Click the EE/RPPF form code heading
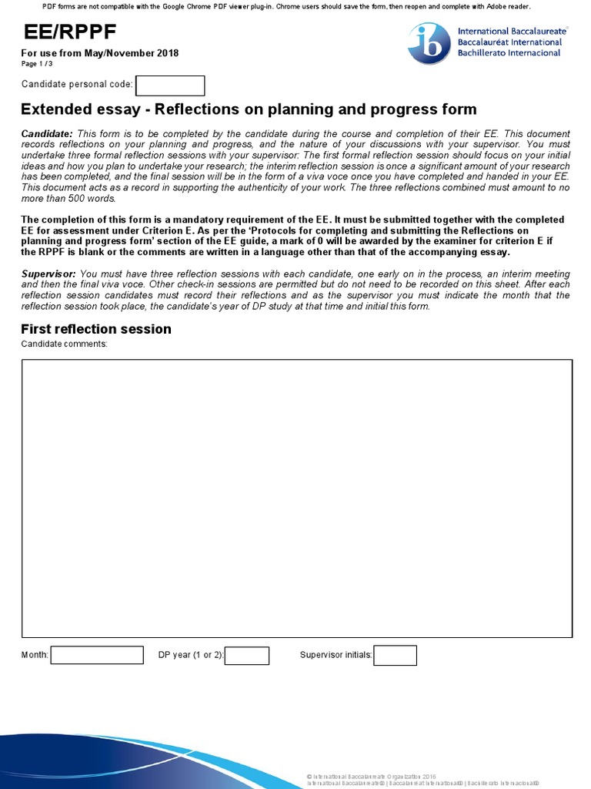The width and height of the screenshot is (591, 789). [69, 32]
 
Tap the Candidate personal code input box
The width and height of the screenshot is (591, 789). [170, 86]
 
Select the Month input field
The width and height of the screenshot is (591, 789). [97, 655]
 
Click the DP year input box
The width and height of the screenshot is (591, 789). [247, 655]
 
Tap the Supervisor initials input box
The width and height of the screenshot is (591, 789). [396, 655]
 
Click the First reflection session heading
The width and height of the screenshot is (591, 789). [96, 329]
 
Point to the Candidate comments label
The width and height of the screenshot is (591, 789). [65, 344]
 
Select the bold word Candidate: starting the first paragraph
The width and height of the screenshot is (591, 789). [47, 134]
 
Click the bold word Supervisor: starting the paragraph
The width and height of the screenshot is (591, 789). [48, 274]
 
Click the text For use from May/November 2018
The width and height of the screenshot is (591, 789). [100, 53]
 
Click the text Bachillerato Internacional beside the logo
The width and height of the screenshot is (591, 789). [509, 52]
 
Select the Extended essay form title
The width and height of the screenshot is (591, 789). [249, 109]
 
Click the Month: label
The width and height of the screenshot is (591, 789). [35, 655]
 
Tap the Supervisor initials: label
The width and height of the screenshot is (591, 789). [336, 655]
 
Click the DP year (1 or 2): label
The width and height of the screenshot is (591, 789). [191, 655]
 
